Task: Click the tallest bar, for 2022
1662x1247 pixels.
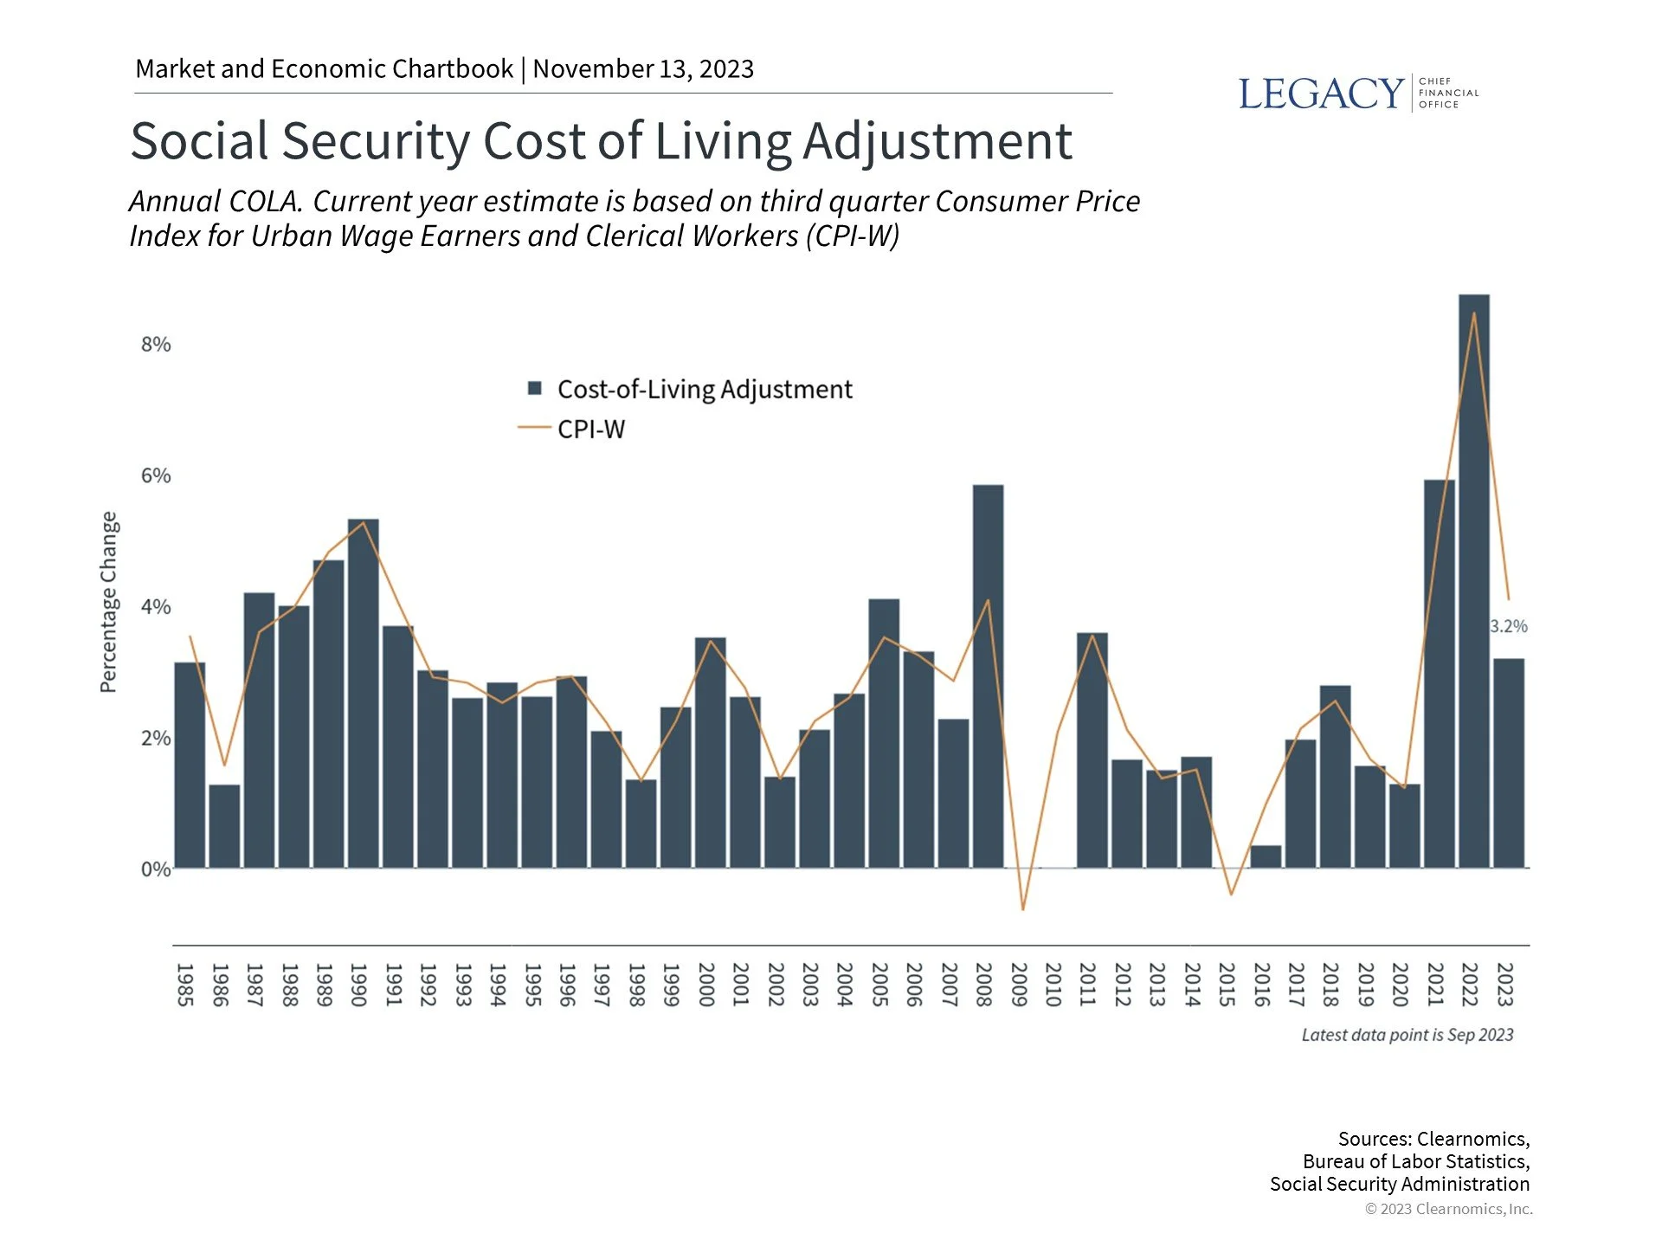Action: (x=1473, y=580)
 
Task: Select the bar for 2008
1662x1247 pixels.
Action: (x=988, y=675)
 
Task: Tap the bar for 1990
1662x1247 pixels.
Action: (x=363, y=693)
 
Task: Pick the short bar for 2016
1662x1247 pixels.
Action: (x=1266, y=856)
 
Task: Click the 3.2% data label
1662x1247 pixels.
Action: (x=1509, y=626)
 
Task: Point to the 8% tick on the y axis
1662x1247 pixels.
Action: (x=156, y=345)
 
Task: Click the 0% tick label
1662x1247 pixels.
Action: (x=156, y=869)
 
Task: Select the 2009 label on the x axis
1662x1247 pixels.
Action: (x=1019, y=985)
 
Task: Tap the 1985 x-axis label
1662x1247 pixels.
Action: (x=185, y=985)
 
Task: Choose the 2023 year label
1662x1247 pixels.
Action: (x=1505, y=985)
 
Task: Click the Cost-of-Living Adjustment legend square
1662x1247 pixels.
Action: (x=535, y=389)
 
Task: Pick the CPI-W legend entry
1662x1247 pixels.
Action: (x=590, y=429)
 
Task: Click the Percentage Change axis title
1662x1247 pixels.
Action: (x=108, y=602)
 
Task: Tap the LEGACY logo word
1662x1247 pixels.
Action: (x=1320, y=94)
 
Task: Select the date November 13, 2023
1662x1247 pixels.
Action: (x=643, y=68)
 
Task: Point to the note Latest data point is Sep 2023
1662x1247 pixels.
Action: (x=1407, y=1035)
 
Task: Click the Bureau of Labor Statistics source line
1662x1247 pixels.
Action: (x=1415, y=1161)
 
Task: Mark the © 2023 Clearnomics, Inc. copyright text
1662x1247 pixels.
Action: (x=1448, y=1209)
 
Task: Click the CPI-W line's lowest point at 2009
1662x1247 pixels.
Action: (x=1022, y=909)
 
